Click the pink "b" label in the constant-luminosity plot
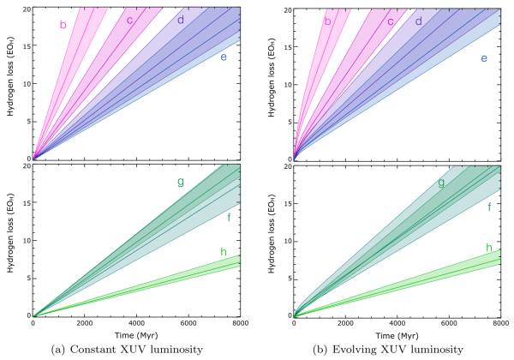click(63, 25)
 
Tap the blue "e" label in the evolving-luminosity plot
click(484, 57)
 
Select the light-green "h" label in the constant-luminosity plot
click(223, 251)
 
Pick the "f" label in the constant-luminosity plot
click(229, 217)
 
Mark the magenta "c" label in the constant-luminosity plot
click(129, 20)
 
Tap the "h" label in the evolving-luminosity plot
click(488, 248)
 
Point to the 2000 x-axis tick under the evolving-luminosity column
click(345, 323)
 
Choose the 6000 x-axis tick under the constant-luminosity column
click(188, 323)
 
